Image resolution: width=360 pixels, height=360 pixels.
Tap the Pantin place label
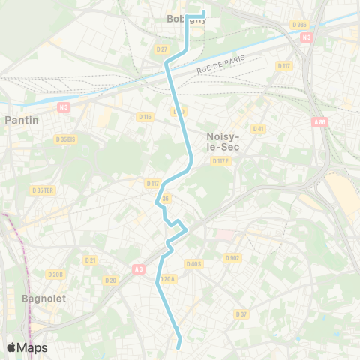pyautogui.click(x=22, y=119)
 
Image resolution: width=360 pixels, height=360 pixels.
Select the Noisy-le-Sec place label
pyautogui.click(x=222, y=142)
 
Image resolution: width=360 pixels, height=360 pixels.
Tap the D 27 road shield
pyautogui.click(x=162, y=49)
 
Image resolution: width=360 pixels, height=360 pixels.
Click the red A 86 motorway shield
pyautogui.click(x=320, y=121)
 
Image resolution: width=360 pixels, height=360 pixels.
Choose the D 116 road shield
pyautogui.click(x=145, y=116)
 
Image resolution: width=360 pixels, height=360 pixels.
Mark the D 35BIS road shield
pyautogui.click(x=66, y=139)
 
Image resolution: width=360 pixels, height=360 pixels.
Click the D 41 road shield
pyautogui.click(x=259, y=129)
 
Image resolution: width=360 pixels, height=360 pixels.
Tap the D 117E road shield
pyautogui.click(x=220, y=161)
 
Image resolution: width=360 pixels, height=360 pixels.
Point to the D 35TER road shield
pyautogui.click(x=43, y=190)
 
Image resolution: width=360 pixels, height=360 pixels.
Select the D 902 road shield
pyautogui.click(x=232, y=257)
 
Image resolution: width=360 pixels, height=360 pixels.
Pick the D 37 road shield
pyautogui.click(x=241, y=313)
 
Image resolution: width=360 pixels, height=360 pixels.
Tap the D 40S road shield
pyautogui.click(x=193, y=263)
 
